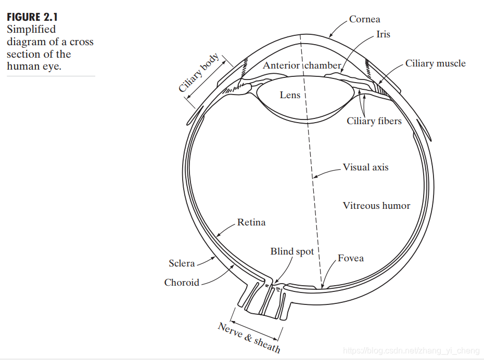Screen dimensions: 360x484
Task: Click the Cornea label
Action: (x=364, y=19)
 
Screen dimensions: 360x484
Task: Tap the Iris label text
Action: (x=383, y=35)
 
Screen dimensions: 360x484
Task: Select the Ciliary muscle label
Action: (x=435, y=63)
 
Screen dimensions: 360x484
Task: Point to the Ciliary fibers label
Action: (x=374, y=121)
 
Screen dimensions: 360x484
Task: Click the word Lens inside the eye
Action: (x=289, y=95)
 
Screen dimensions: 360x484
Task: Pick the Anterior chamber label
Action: (x=302, y=65)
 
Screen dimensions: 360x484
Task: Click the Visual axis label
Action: (x=365, y=167)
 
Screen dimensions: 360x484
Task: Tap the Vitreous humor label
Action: (x=376, y=206)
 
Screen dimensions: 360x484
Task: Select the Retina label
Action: (x=251, y=222)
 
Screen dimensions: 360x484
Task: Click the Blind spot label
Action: (x=292, y=251)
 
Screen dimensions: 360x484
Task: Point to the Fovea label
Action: (x=351, y=258)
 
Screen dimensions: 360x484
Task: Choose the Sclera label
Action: (x=182, y=263)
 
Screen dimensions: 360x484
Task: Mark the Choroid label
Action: (x=182, y=283)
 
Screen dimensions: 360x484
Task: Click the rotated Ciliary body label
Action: (x=198, y=73)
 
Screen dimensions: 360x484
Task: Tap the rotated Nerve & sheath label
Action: (x=249, y=337)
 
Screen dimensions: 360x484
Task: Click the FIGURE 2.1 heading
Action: (x=32, y=17)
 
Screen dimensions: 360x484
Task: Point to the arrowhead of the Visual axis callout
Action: (x=314, y=177)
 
